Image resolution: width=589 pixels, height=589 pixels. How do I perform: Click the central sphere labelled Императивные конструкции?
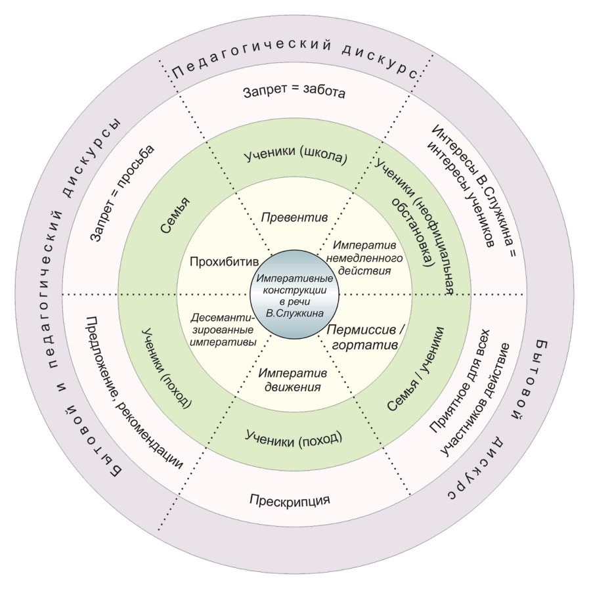click(x=294, y=295)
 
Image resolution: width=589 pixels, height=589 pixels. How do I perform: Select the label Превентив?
click(x=294, y=216)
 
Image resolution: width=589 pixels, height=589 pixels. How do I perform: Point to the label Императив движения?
click(x=291, y=380)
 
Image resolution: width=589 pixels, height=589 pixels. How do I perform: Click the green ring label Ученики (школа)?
click(x=295, y=158)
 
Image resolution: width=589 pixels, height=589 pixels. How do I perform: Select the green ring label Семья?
click(x=174, y=216)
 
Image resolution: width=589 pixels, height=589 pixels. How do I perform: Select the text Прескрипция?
click(x=290, y=500)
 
